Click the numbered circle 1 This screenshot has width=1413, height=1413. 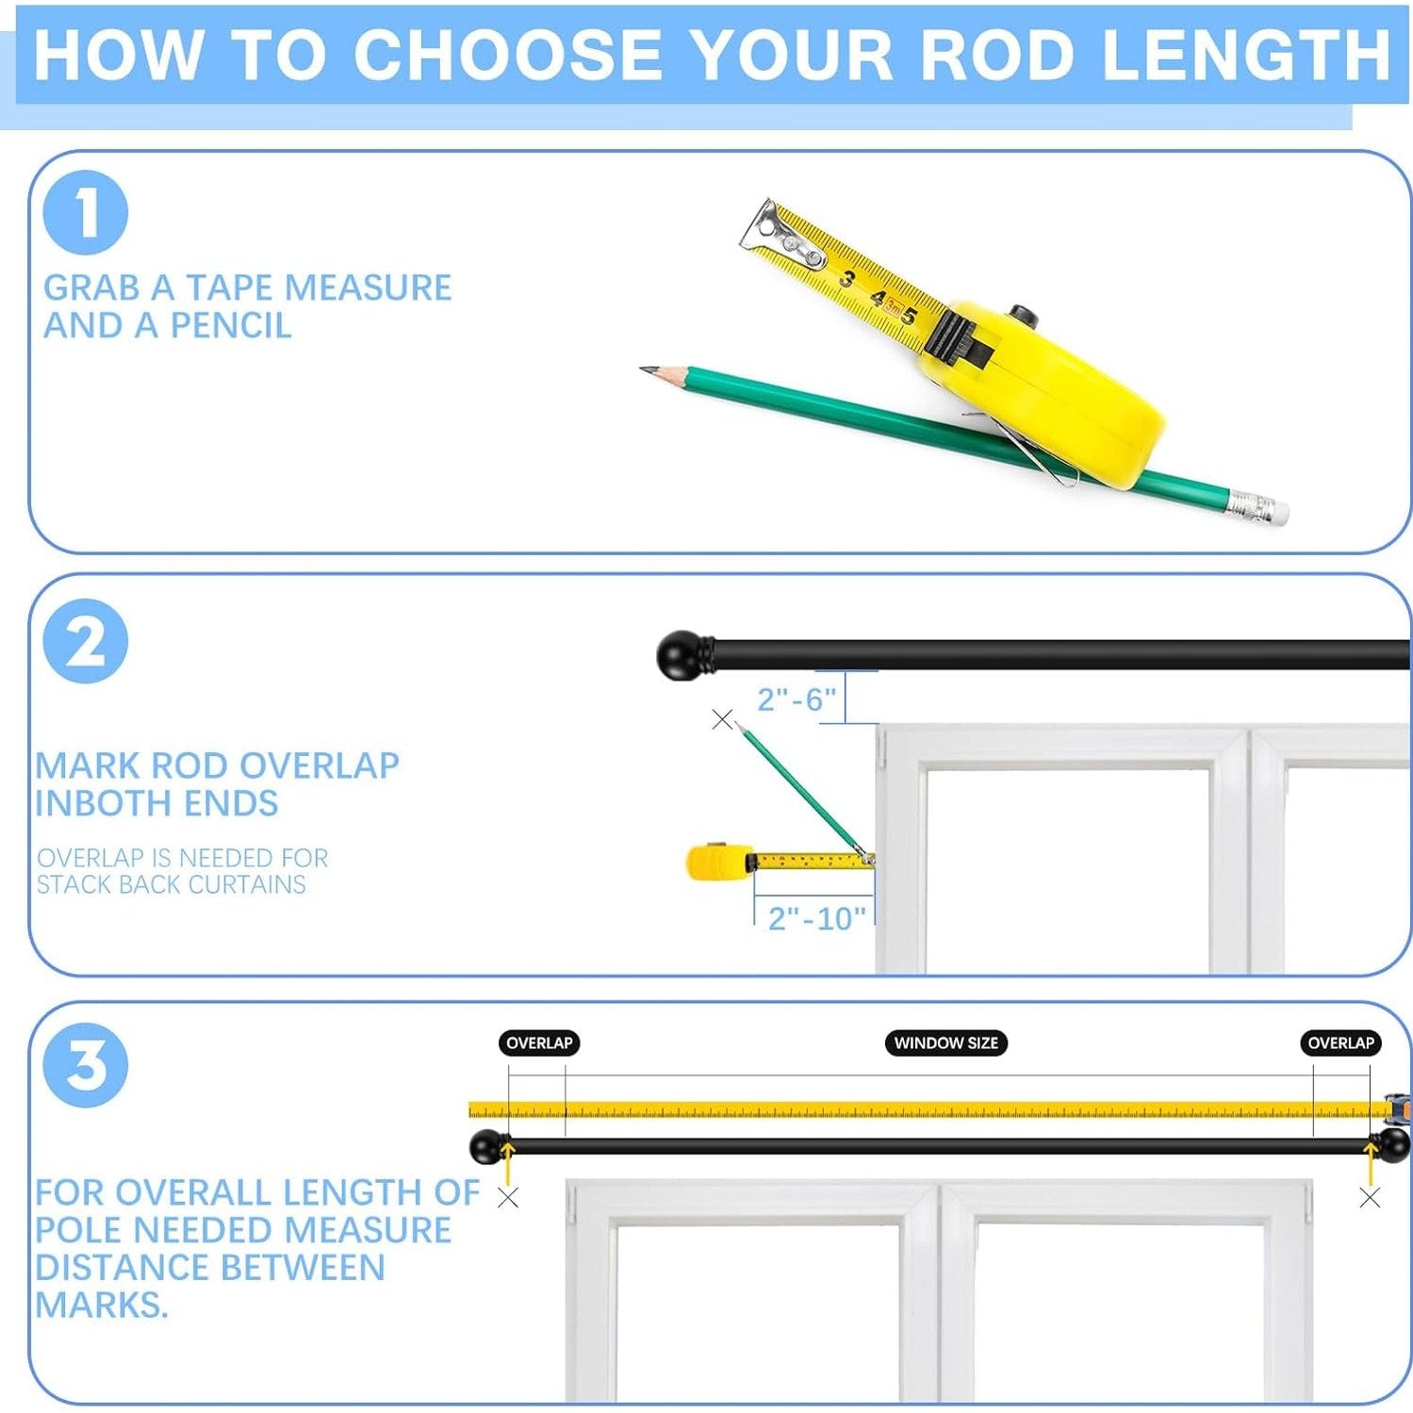[x=85, y=212]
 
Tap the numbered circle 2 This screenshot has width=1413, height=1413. [x=85, y=641]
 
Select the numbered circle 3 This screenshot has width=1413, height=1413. [x=85, y=1065]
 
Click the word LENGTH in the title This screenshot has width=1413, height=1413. [x=1246, y=54]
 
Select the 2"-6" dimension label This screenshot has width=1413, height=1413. [x=797, y=699]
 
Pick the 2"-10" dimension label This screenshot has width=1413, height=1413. [x=816, y=918]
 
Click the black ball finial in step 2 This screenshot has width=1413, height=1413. [x=681, y=655]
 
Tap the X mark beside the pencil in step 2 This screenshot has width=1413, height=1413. [x=722, y=719]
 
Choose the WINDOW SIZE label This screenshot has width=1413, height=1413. [x=945, y=1043]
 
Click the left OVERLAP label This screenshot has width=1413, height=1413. [x=539, y=1043]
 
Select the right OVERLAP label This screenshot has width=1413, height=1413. [x=1340, y=1043]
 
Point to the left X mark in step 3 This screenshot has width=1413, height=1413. [x=508, y=1198]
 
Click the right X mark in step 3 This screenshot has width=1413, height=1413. [x=1370, y=1198]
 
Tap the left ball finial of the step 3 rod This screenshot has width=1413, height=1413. [x=486, y=1146]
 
